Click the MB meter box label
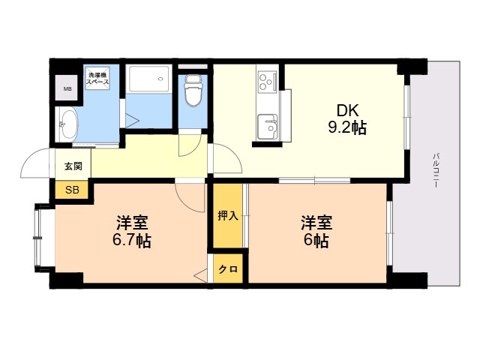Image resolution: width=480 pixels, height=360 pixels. coord(67,89)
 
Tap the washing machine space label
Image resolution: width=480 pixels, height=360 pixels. coord(97,79)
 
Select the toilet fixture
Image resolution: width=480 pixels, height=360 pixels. coord(193,91)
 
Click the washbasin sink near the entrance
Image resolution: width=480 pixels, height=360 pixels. coord(67,124)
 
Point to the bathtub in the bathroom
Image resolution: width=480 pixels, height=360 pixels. coord(149,79)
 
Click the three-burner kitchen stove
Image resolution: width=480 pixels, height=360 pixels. coord(267,82)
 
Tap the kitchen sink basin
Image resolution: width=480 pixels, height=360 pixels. coord(268,127)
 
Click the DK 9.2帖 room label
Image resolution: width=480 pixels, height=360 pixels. coord(347,119)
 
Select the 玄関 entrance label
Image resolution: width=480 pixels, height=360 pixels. coord(73,166)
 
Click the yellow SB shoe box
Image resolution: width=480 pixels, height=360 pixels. coord(72,190)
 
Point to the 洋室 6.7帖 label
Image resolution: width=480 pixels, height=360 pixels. coord(132,232)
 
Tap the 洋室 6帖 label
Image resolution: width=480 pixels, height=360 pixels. coord(316,232)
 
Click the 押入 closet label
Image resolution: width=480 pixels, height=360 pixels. coord(228,216)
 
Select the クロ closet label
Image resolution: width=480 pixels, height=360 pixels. coord(228,269)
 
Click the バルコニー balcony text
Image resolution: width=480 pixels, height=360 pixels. coord(436,170)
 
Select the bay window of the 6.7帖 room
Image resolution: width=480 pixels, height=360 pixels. coord(37,238)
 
